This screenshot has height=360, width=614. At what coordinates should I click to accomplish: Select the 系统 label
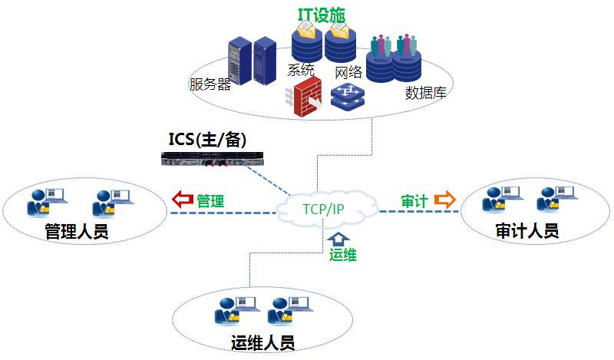[x=301, y=70]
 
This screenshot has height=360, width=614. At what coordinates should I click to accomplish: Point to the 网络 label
[x=348, y=73]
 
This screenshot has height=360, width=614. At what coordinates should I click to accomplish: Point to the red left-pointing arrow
[x=182, y=200]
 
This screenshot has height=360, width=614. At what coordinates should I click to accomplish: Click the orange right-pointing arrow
[x=444, y=200]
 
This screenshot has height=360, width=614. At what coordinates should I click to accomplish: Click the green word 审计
[x=414, y=200]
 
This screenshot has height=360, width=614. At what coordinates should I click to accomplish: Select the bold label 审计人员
[x=526, y=230]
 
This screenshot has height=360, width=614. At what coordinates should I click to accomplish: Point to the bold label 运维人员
[x=262, y=342]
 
